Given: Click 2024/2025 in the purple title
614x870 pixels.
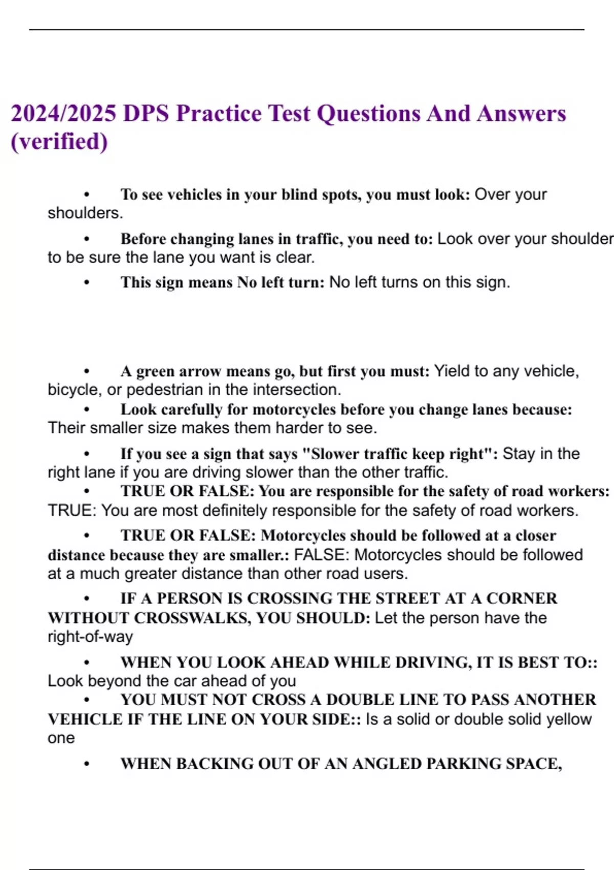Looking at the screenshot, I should [x=63, y=114].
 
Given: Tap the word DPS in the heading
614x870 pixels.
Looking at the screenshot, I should [x=146, y=114].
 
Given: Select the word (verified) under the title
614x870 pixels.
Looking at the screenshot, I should [x=59, y=142].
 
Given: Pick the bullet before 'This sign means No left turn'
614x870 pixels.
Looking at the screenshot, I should [x=87, y=282].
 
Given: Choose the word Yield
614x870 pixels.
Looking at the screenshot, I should [x=452, y=371].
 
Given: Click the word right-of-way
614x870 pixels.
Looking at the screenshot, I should [x=90, y=637].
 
